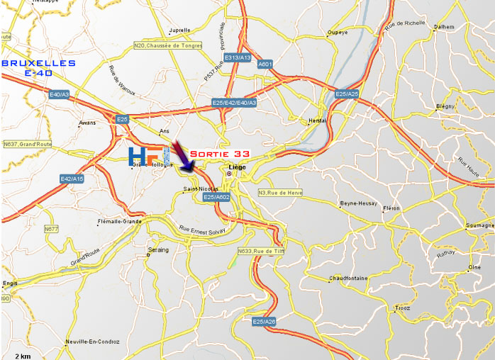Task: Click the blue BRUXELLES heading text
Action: pos(39,63)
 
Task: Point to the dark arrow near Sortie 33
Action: pos(183,158)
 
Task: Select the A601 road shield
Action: pos(265,64)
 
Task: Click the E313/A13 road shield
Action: pos(237,57)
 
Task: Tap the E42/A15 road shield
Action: pos(72,179)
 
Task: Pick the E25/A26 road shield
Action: pos(264,322)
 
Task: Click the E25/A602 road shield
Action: pos(216,197)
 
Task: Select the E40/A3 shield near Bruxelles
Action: pos(59,94)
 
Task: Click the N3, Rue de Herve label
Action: pos(280,193)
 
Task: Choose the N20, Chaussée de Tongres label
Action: pos(167,46)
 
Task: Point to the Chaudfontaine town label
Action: pos(348,279)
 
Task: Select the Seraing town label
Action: pos(158,250)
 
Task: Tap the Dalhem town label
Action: pos(443,27)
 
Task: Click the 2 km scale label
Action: pos(23,355)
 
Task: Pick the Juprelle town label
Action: pos(180,30)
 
